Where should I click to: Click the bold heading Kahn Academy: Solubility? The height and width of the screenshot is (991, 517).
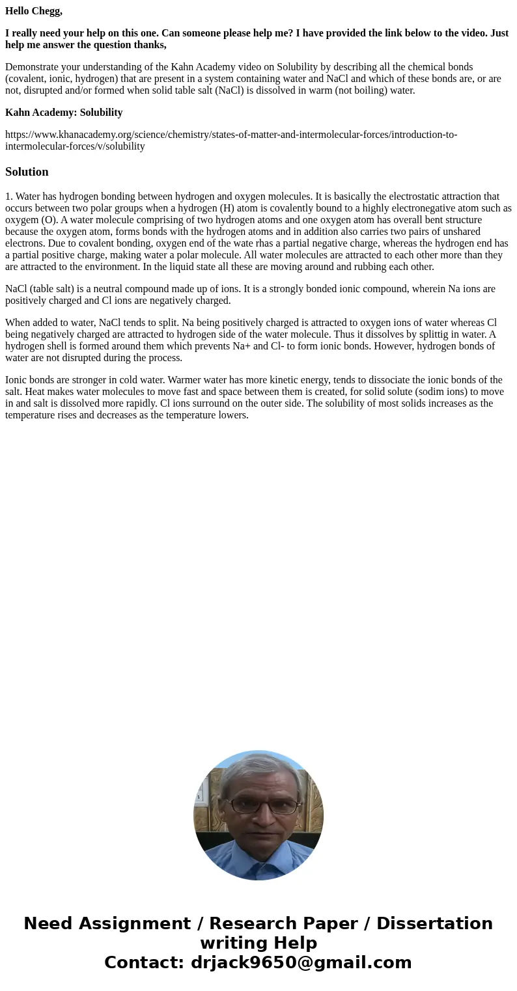coord(64,113)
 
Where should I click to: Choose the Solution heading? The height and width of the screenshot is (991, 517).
coord(27,172)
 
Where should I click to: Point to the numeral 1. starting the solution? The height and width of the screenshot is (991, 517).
coord(9,197)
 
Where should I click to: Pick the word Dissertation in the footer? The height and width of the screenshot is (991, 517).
coord(434,923)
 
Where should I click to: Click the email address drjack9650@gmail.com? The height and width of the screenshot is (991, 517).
coord(301,962)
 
